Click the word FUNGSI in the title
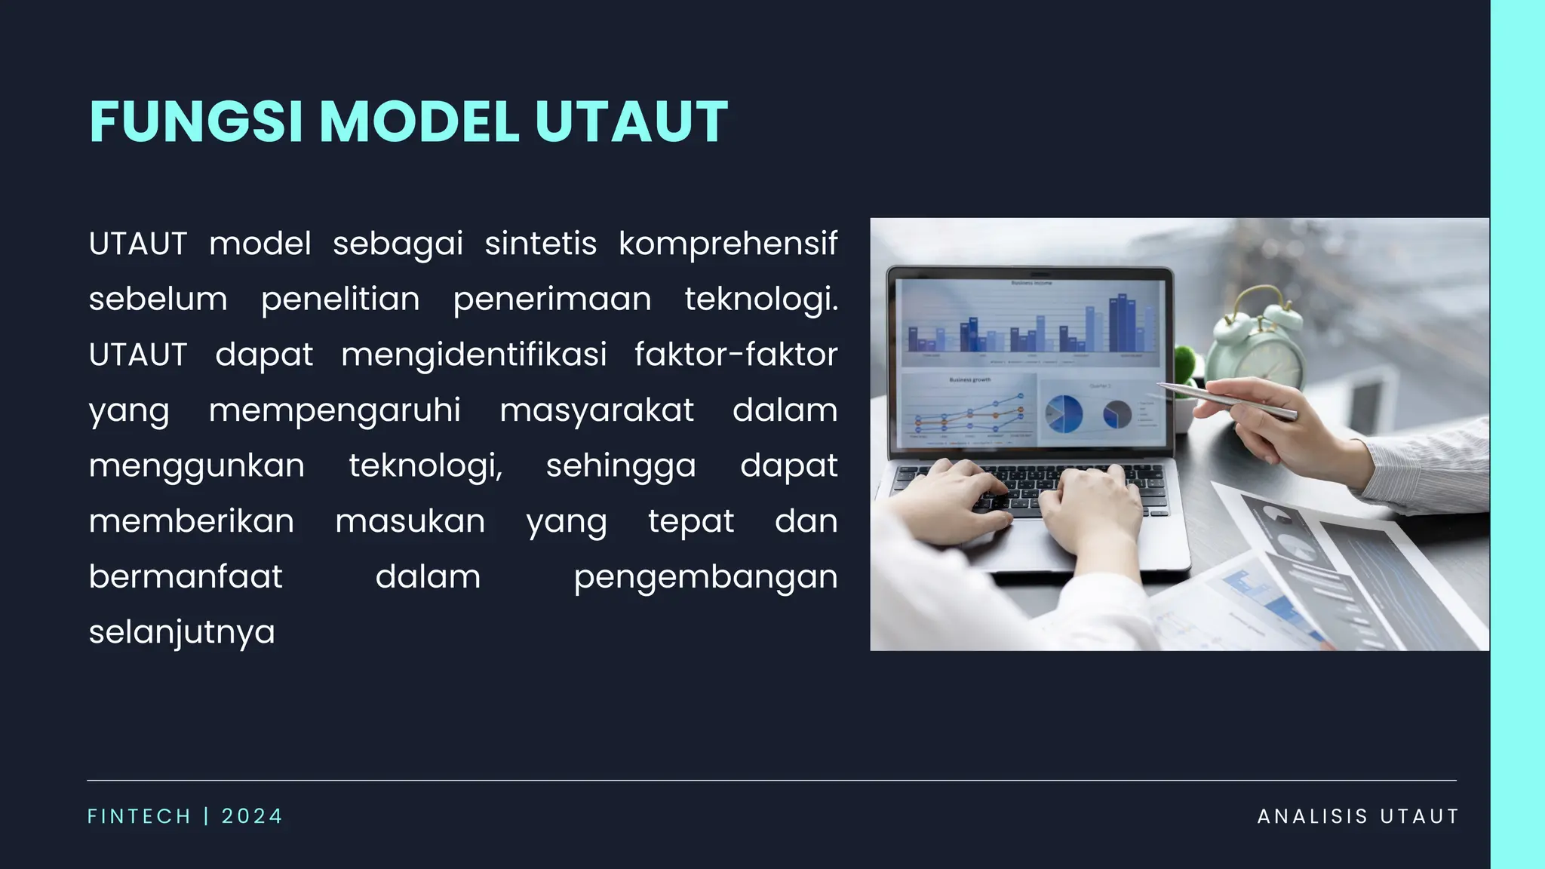(x=196, y=121)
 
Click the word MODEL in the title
(x=419, y=121)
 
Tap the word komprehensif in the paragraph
(x=728, y=244)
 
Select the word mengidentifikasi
(x=474, y=355)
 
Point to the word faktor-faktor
(x=736, y=355)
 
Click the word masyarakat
(x=596, y=410)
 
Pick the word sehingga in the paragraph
(x=621, y=465)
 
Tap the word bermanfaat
(x=186, y=577)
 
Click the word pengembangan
(x=705, y=577)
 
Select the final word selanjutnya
(x=182, y=632)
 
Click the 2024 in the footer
(x=252, y=816)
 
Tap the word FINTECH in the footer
(x=140, y=816)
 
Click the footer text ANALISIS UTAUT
(x=1358, y=816)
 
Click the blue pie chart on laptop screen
(x=1064, y=413)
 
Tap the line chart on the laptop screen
(x=969, y=415)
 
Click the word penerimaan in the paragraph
(x=551, y=299)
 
